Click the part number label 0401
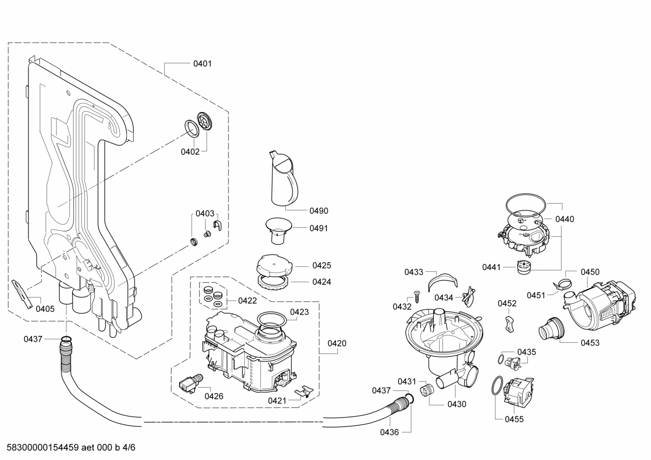tap(202, 64)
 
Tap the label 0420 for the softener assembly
tap(337, 343)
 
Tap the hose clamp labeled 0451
tap(560, 285)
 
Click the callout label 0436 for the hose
tap(389, 432)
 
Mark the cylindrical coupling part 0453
tap(550, 329)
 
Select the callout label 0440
tap(564, 219)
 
